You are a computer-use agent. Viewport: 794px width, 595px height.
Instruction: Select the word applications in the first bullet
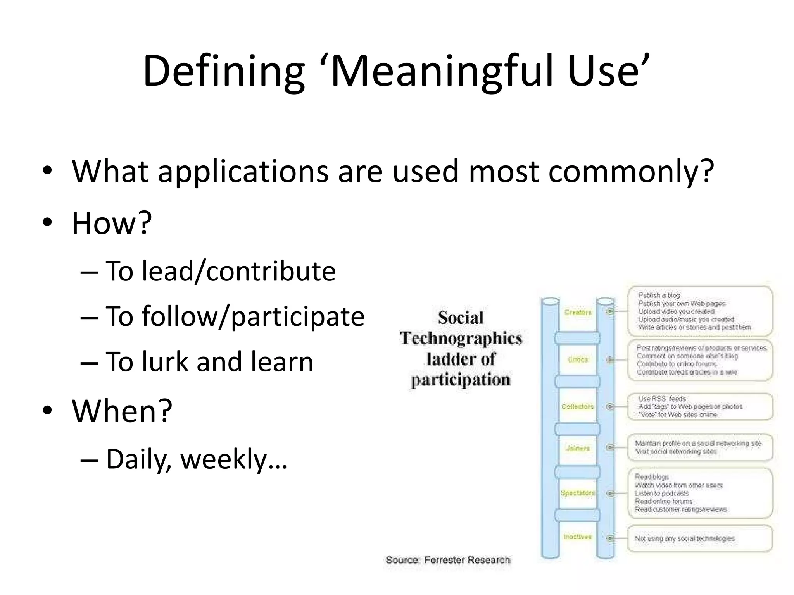pos(243,171)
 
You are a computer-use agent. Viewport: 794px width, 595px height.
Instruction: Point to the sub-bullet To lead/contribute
pos(220,271)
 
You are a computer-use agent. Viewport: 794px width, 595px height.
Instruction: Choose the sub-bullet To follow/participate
pos(235,316)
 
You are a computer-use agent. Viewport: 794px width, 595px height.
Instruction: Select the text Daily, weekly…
pos(196,459)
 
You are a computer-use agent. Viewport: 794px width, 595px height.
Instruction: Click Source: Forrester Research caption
pos(448,560)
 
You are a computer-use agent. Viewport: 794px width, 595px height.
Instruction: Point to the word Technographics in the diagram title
pos(461,339)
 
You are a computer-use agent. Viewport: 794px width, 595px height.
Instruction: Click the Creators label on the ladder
pos(578,312)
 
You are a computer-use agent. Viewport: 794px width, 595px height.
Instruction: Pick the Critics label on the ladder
pos(578,360)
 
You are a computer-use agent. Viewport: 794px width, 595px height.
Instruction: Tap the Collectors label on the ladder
pos(578,406)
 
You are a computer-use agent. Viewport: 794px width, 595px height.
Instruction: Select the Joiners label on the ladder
pos(578,448)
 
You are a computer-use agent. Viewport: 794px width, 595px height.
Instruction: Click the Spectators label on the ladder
pos(578,493)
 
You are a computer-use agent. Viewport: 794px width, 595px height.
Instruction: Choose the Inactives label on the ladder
pos(578,537)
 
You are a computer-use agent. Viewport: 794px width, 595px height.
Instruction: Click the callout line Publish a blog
pos(659,295)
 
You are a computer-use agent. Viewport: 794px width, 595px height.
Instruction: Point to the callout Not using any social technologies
pos(684,539)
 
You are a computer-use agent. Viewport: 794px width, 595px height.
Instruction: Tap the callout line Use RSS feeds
pos(662,398)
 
